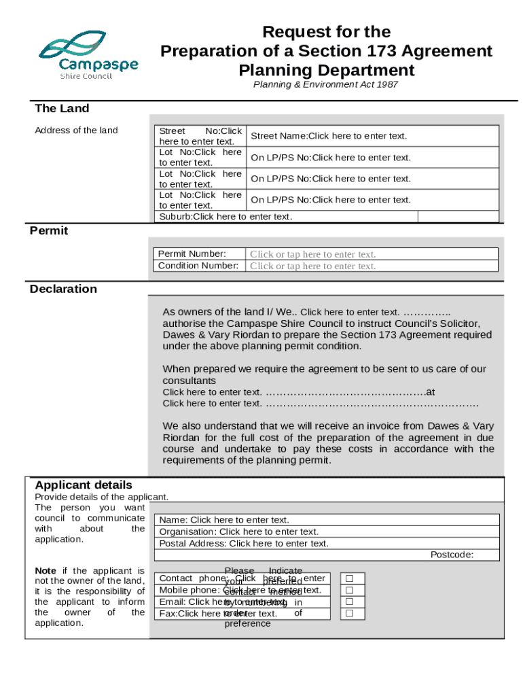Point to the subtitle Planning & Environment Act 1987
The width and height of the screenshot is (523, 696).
pos(325,85)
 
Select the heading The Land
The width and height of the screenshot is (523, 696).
pos(62,109)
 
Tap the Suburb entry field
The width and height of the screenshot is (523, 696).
pos(226,217)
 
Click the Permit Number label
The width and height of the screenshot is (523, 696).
pos(192,254)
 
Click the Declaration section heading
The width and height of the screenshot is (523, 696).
pos(63,290)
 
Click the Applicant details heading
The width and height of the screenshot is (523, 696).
pos(84,485)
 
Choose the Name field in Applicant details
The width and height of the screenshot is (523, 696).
pos(224,520)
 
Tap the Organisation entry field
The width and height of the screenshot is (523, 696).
pos(238,532)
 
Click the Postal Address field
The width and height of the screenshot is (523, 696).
pos(244,543)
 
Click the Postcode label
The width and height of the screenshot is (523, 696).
pos(452,555)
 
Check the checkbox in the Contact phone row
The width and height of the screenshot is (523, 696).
pos(350,578)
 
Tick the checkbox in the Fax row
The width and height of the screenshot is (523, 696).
pos(350,613)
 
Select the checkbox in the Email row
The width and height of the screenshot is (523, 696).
pos(350,602)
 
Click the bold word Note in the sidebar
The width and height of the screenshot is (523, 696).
pos(46,571)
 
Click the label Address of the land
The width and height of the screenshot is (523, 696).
pos(76,130)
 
